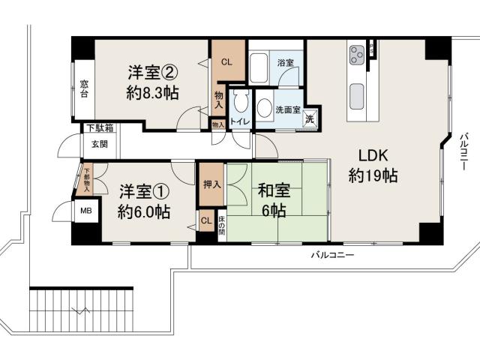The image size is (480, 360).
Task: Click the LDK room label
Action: click(372, 157)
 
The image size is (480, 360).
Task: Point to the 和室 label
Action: click(272, 190)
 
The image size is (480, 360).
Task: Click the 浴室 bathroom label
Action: click(285, 62)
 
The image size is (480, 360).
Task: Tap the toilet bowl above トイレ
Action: click(239, 106)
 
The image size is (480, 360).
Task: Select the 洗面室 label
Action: click(288, 110)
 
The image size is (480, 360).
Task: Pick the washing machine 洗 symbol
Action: click(310, 118)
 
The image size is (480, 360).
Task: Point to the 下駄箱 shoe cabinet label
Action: click(99, 127)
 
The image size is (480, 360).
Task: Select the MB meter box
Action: click(86, 211)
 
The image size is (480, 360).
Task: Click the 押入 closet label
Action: click(211, 184)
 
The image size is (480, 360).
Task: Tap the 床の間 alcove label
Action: click(222, 223)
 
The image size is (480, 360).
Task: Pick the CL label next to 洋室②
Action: click(226, 62)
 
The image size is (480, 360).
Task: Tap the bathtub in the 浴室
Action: click(259, 69)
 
